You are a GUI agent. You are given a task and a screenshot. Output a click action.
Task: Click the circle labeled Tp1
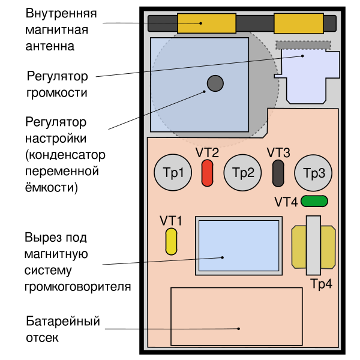(x=173, y=173)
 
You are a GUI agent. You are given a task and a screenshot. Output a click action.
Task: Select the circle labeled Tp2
(x=243, y=173)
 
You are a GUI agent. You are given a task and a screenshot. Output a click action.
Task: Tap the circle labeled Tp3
(x=313, y=173)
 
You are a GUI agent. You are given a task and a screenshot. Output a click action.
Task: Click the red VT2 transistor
(x=207, y=173)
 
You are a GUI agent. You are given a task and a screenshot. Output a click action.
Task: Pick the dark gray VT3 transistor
(x=278, y=173)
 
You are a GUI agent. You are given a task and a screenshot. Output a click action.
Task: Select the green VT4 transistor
(x=314, y=201)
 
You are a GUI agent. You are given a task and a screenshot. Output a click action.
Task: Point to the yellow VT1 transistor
(x=172, y=241)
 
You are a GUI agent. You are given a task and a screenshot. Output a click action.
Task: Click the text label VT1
(x=171, y=220)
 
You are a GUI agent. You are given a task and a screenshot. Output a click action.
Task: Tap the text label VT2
(x=207, y=152)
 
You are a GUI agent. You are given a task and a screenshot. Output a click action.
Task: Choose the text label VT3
(x=278, y=152)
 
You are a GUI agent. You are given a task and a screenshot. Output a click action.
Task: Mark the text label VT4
(x=286, y=202)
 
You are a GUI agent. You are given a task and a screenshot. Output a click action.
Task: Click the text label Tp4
(x=321, y=284)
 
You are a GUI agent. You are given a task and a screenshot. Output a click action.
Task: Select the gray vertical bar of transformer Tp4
(x=314, y=247)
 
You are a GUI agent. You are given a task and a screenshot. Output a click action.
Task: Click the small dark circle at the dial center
(x=215, y=83)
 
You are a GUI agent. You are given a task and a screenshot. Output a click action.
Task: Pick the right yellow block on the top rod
(x=298, y=23)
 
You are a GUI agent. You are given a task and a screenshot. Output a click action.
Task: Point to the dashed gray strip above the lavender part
(x=303, y=45)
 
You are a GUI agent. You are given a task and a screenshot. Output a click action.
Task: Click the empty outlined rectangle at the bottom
(x=236, y=316)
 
